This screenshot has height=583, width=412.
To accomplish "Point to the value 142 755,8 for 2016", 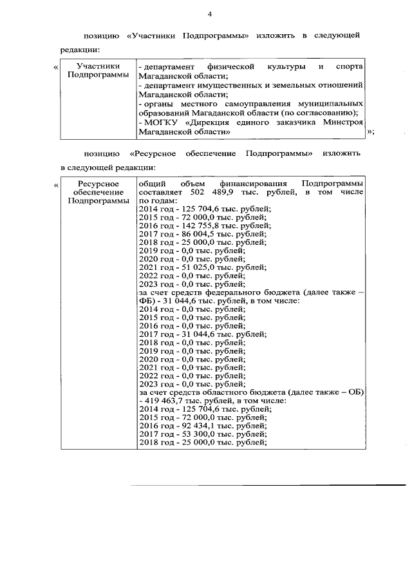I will (192, 225).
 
